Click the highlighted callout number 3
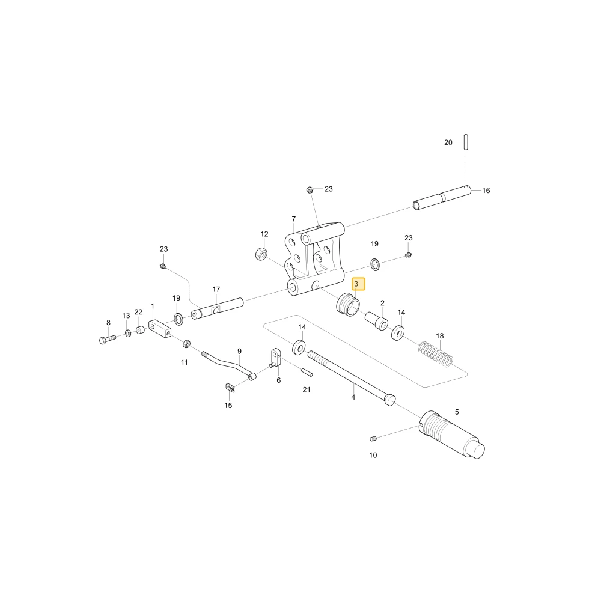(x=356, y=284)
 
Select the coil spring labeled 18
(x=436, y=353)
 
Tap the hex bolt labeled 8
(x=108, y=340)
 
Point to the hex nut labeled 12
(x=261, y=254)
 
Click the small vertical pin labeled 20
(x=466, y=142)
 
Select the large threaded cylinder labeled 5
(x=453, y=435)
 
